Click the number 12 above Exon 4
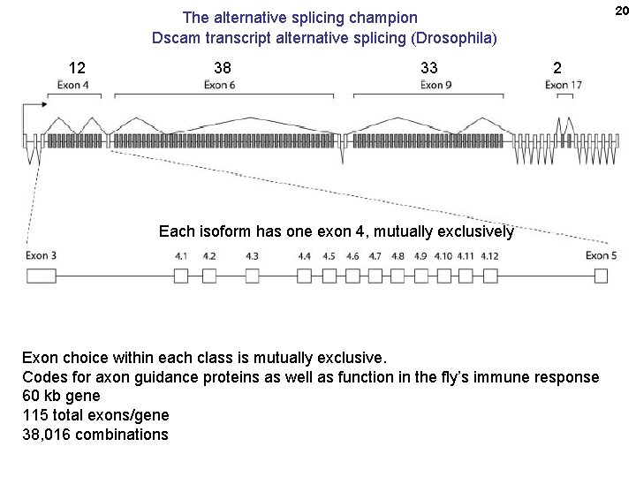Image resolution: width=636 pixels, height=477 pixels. click(x=78, y=68)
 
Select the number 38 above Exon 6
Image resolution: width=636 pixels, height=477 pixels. click(x=223, y=68)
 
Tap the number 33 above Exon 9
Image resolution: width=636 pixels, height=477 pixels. click(x=428, y=68)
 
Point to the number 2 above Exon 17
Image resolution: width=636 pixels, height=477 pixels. click(x=556, y=68)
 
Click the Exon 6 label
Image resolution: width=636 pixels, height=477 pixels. click(x=220, y=86)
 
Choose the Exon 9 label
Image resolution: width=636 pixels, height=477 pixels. click(x=436, y=86)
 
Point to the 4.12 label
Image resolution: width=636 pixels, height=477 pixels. click(x=489, y=256)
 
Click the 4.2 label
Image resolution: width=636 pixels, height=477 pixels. click(x=209, y=256)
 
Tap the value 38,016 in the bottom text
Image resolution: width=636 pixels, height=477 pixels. click(x=49, y=435)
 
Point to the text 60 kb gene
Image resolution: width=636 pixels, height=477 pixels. click(x=61, y=396)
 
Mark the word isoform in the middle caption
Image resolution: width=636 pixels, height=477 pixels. click(x=224, y=232)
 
